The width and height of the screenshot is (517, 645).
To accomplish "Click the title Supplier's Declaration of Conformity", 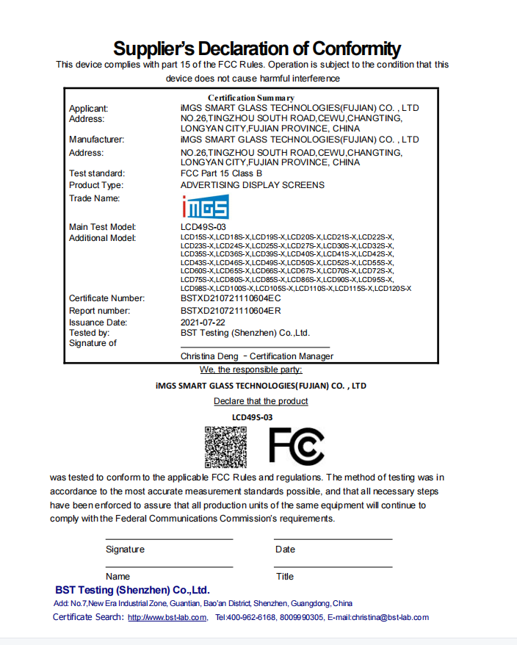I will pyautogui.click(x=257, y=49).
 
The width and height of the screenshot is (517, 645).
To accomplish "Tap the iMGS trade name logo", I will pyautogui.click(x=205, y=206).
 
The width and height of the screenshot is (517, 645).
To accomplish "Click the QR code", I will pyautogui.click(x=225, y=447).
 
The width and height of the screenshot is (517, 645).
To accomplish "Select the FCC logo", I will pyautogui.click(x=296, y=446).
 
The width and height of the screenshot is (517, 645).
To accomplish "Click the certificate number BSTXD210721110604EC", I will pyautogui.click(x=231, y=298).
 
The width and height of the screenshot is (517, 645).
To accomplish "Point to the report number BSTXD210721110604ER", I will pyautogui.click(x=231, y=311).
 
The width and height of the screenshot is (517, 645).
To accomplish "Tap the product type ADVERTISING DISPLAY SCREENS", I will pyautogui.click(x=252, y=185).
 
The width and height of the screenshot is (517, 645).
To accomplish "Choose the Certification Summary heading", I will pyautogui.click(x=251, y=98).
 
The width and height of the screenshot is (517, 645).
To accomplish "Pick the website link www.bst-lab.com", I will pyautogui.click(x=167, y=618).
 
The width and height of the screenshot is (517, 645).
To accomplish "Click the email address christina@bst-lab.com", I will pyautogui.click(x=389, y=617).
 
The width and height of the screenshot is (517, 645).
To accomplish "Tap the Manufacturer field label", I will pyautogui.click(x=96, y=140).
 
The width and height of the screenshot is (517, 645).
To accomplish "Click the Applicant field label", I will pyautogui.click(x=88, y=108).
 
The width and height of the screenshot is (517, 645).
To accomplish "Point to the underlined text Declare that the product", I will pyautogui.click(x=261, y=401).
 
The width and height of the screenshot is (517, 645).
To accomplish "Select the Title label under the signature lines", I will pyautogui.click(x=284, y=577).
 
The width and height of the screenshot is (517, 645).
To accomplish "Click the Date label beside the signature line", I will pyautogui.click(x=285, y=549).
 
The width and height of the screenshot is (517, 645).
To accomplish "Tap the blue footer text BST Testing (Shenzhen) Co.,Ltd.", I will pyautogui.click(x=132, y=590).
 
